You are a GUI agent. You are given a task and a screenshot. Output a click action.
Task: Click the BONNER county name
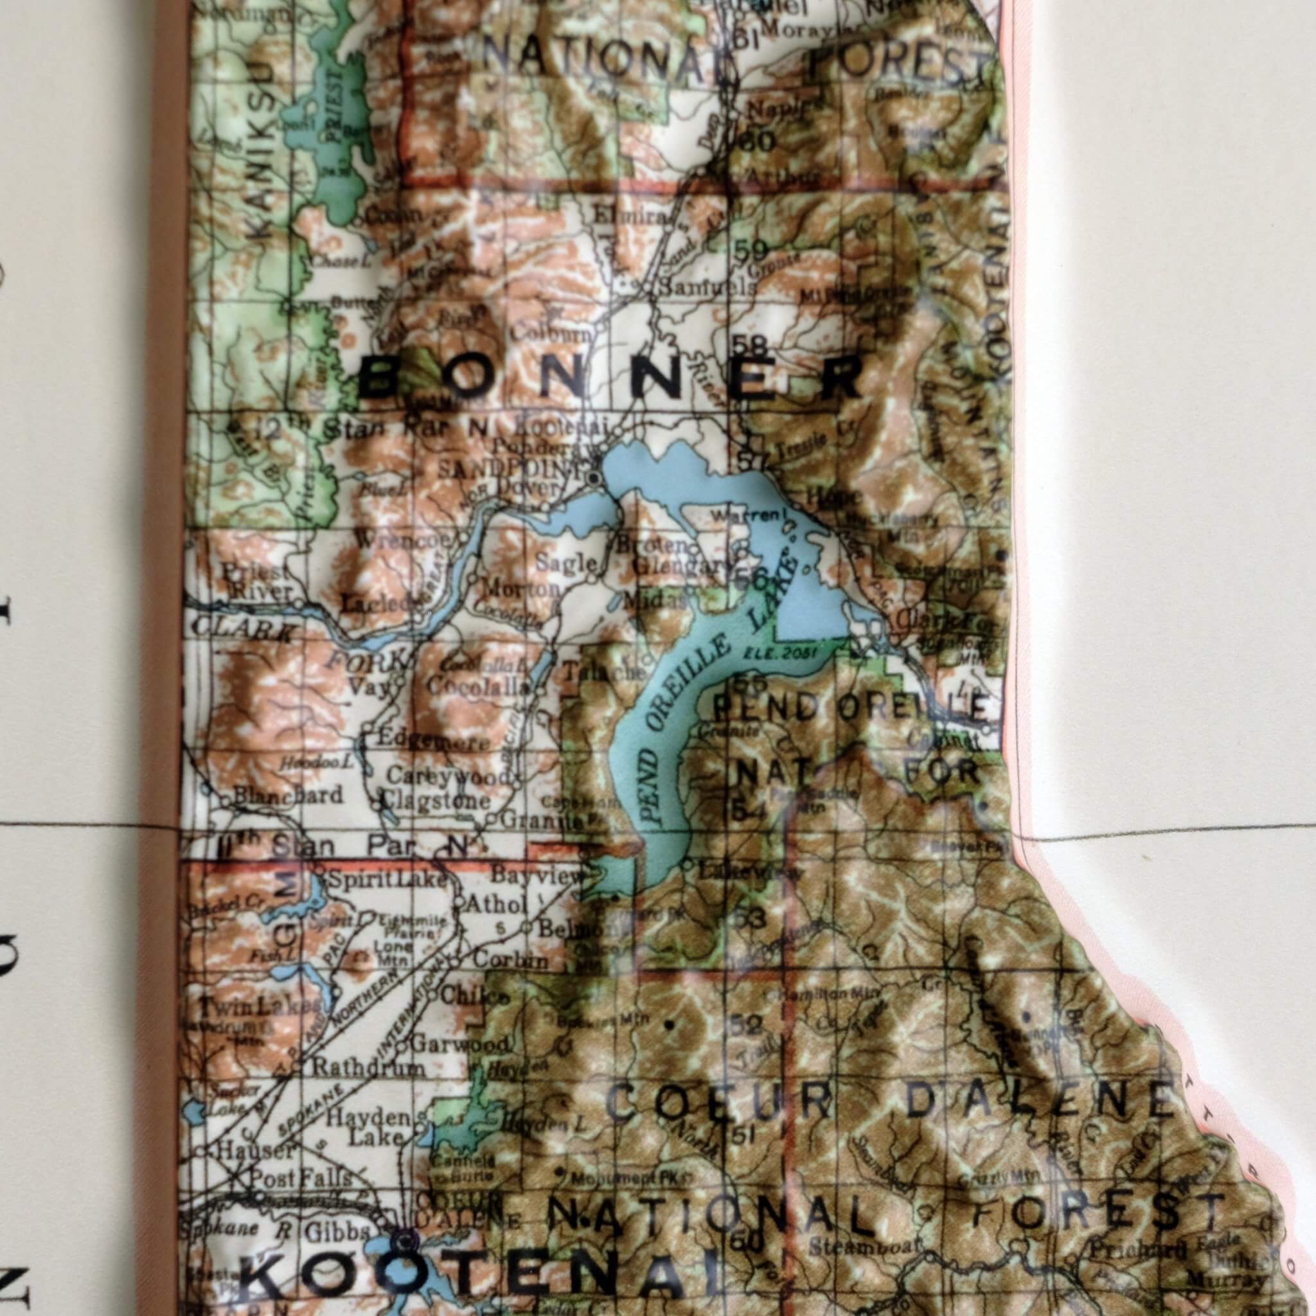point(610,379)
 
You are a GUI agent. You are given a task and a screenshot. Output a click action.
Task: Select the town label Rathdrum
point(369,1067)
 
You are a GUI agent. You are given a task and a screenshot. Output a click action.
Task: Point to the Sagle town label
point(566,563)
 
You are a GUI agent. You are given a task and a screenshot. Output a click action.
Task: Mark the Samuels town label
point(705,288)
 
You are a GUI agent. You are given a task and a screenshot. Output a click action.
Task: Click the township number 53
point(750,918)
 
